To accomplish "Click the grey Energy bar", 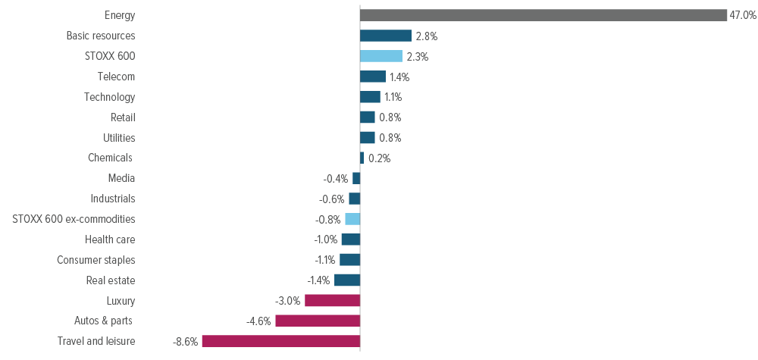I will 543,15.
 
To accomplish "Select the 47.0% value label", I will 743,15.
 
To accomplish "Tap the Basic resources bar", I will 385,36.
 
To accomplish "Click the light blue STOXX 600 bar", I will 381,56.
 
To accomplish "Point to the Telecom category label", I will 116,77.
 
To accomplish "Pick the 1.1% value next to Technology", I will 393,97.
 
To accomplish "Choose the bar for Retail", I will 367,117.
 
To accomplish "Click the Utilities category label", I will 119,138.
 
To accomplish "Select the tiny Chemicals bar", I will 362,158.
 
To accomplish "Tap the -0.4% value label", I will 335,179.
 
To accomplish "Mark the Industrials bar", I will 354,199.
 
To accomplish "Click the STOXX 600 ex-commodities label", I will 74,219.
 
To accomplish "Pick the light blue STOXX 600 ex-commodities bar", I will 352,219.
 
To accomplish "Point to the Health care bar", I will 350,239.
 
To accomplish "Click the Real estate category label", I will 111,280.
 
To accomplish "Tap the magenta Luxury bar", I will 332,300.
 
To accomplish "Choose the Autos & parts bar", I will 317,321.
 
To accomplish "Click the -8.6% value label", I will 185,342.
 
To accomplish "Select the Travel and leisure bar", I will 280,341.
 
